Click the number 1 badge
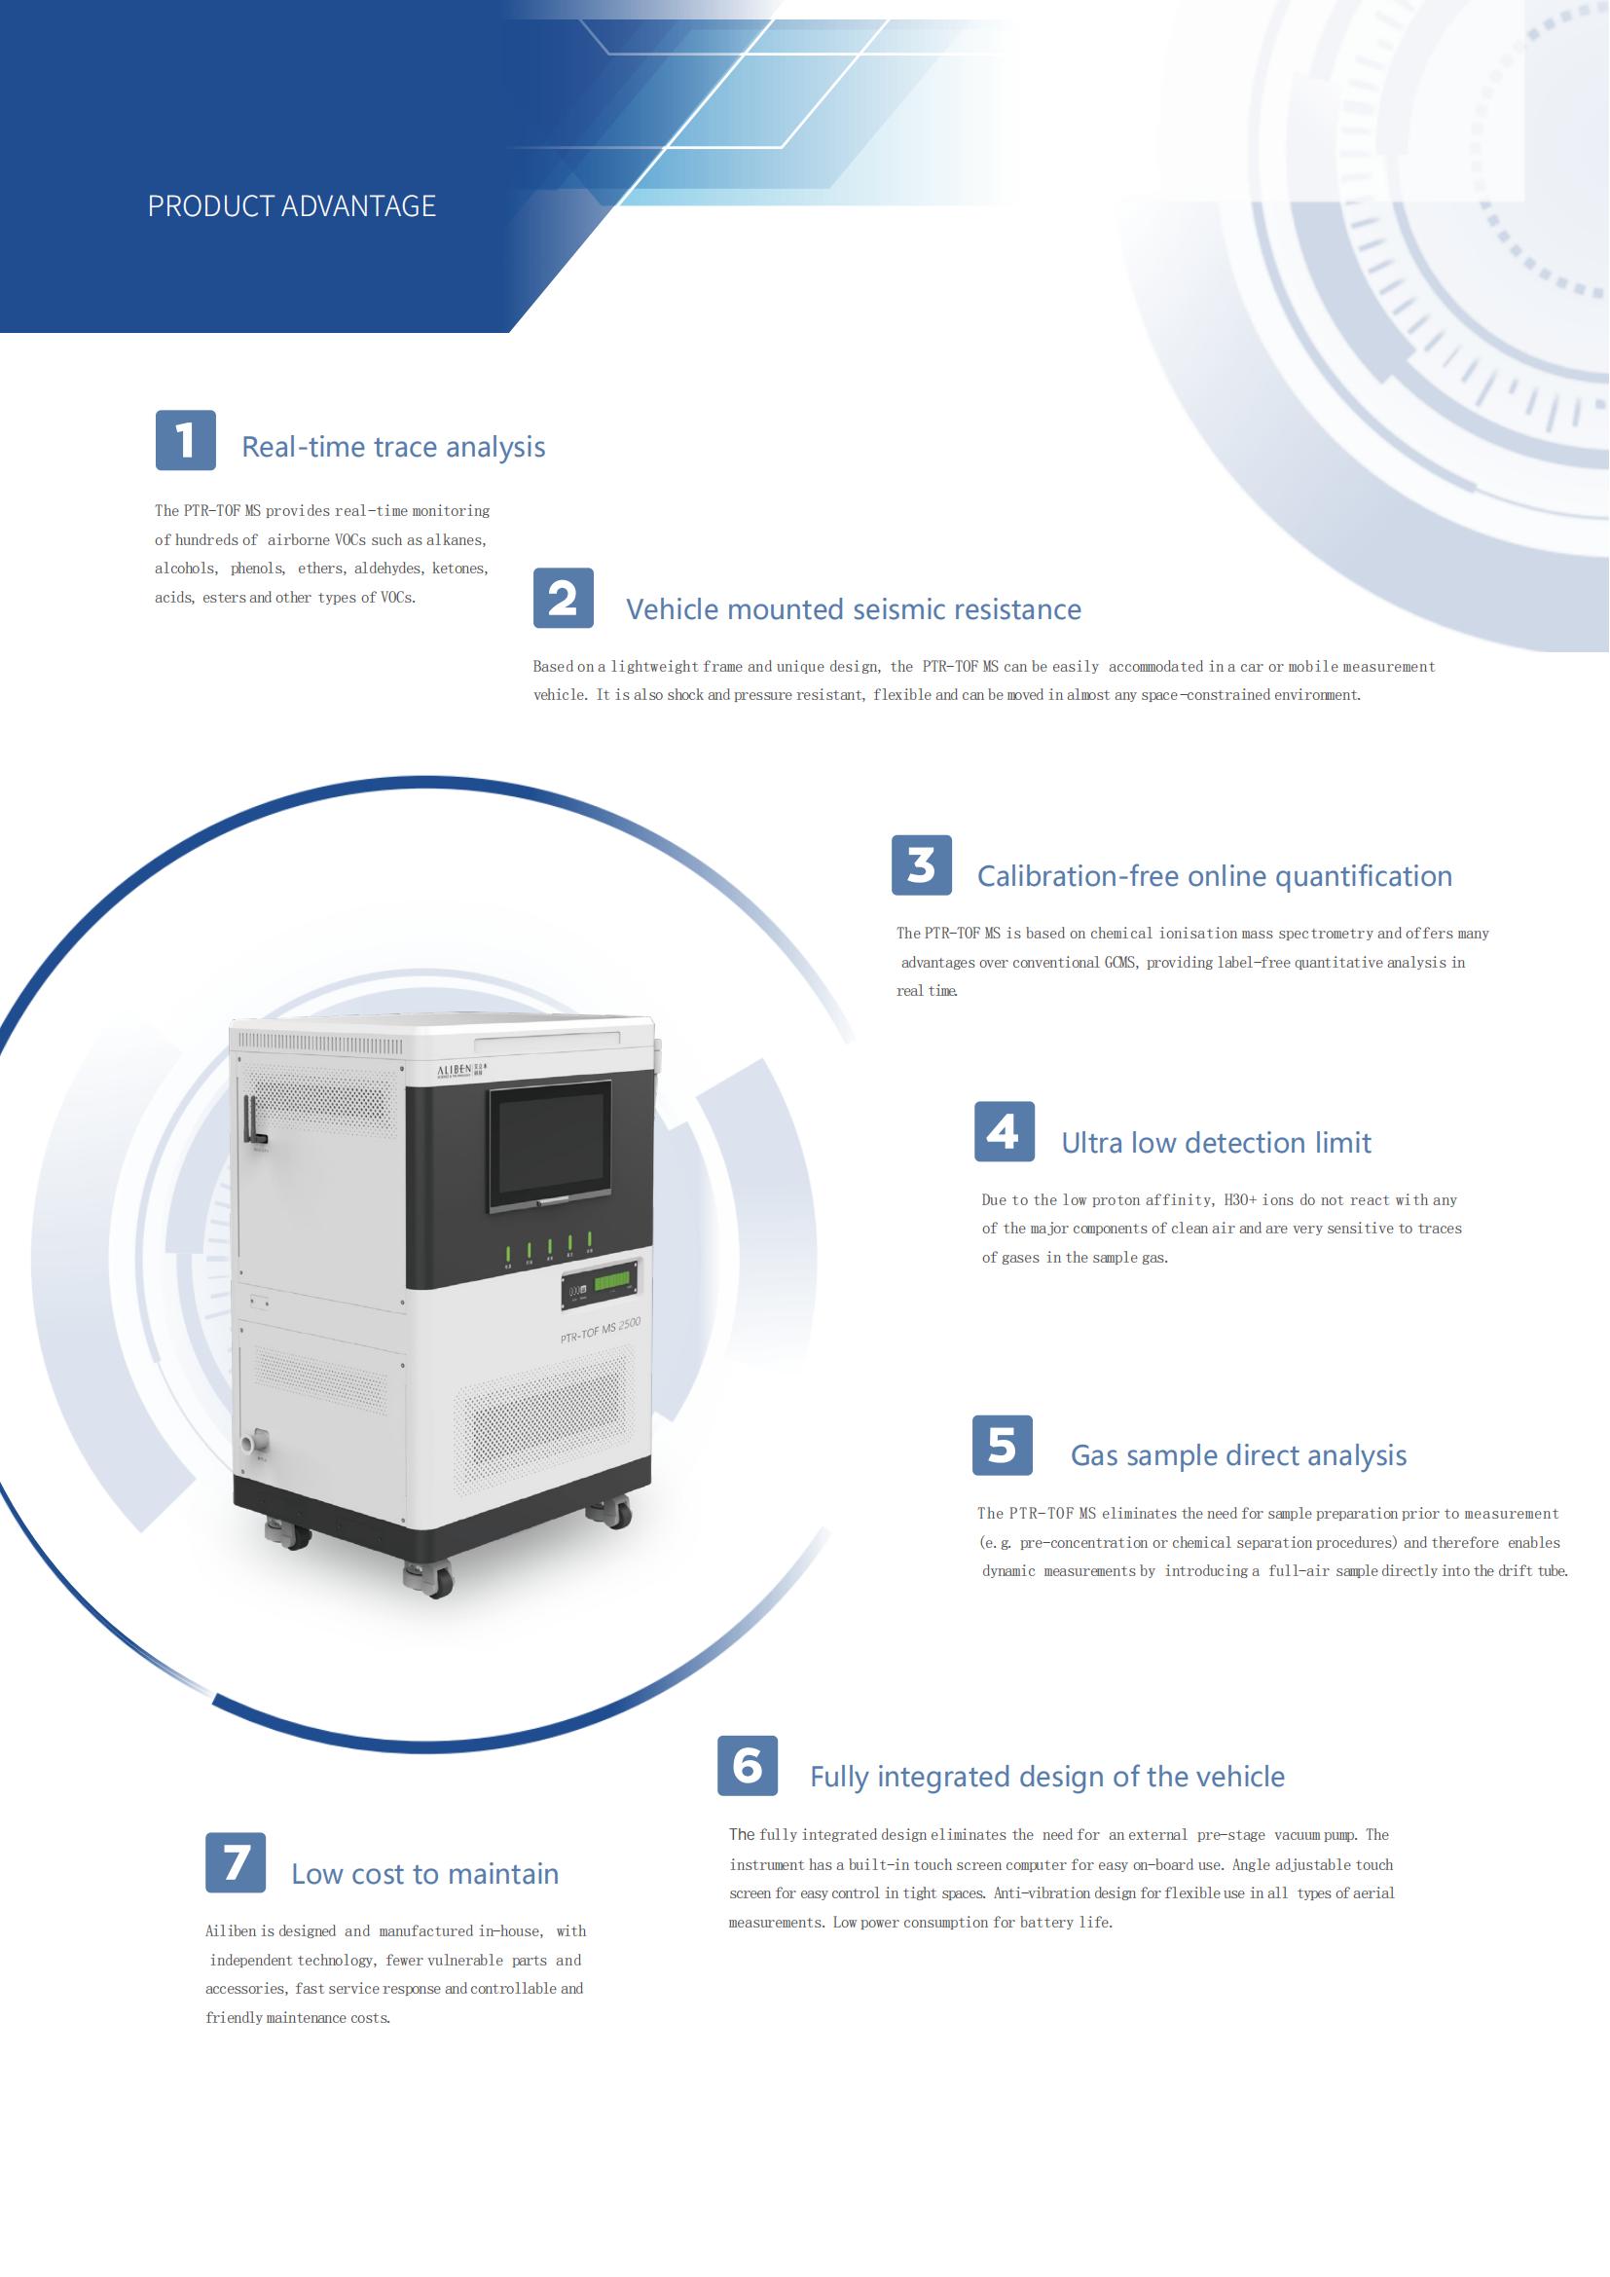[x=185, y=439]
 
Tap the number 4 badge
[x=1005, y=1131]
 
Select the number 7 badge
[x=235, y=1862]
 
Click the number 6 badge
[x=748, y=1765]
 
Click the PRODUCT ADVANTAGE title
[x=291, y=206]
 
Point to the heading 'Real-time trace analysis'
[x=393, y=447]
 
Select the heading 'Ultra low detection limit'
[x=1216, y=1144]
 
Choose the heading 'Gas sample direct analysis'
[x=1238, y=1455]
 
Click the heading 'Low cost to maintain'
[x=424, y=1874]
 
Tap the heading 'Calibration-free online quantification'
[x=1215, y=877]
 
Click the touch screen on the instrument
[x=550, y=1147]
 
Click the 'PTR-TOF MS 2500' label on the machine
[x=601, y=1331]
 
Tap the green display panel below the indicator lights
[x=611, y=1283]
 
